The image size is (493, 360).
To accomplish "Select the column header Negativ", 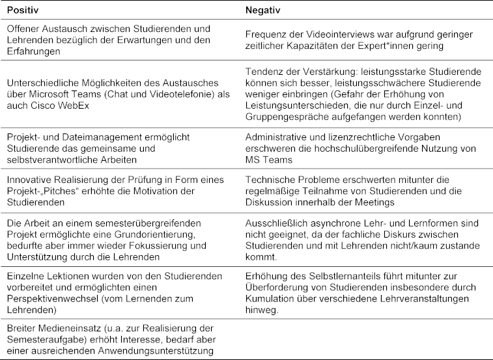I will click(262, 11).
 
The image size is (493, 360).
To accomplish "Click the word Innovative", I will click(27, 180).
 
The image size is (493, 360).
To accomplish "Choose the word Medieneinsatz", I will click(63, 329).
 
